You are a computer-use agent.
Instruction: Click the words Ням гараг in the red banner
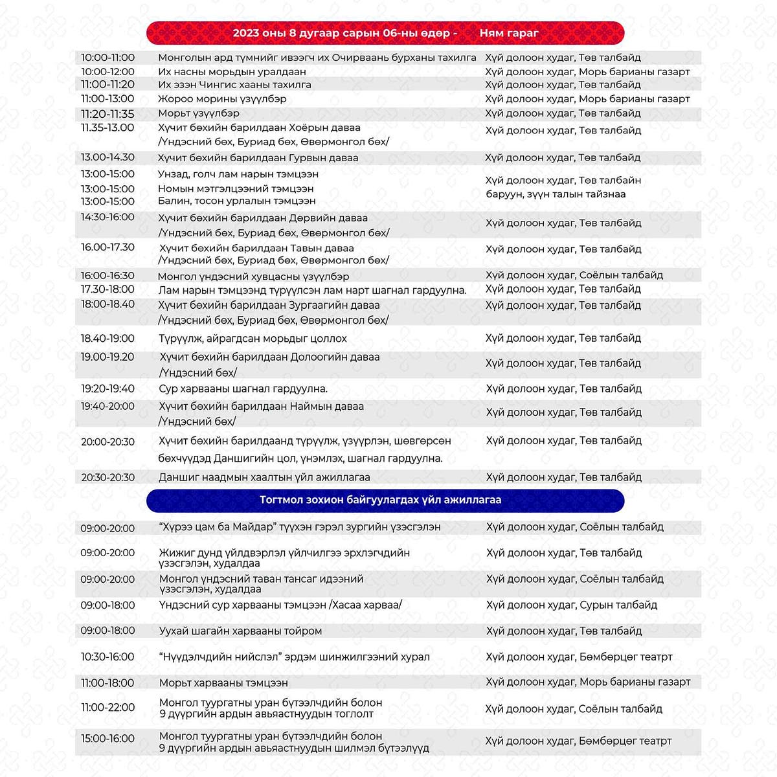[508, 33]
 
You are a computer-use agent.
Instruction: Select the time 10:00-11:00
[107, 58]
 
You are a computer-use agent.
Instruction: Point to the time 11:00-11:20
[107, 85]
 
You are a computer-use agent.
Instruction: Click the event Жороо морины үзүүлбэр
[222, 99]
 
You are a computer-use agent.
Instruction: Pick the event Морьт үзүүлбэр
[199, 113]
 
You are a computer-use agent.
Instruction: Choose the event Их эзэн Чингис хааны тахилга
[234, 85]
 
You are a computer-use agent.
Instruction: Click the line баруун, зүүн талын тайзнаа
[556, 194]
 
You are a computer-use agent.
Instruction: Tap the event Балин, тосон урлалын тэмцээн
[237, 201]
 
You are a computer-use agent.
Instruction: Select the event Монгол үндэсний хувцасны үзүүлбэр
[254, 276]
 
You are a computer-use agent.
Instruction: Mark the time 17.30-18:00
[107, 289]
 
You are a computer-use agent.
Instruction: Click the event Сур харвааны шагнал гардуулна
[243, 389]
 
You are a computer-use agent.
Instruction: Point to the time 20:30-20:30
[107, 478]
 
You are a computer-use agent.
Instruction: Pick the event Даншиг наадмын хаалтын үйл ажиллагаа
[264, 478]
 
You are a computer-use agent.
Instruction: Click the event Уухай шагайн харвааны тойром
[240, 631]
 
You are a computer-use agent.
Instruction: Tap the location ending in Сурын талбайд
[572, 605]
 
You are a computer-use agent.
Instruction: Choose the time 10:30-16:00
[107, 657]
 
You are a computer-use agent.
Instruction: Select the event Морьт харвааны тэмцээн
[223, 683]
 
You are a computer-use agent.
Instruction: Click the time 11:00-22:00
[107, 708]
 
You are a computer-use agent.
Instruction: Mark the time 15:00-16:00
[107, 739]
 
